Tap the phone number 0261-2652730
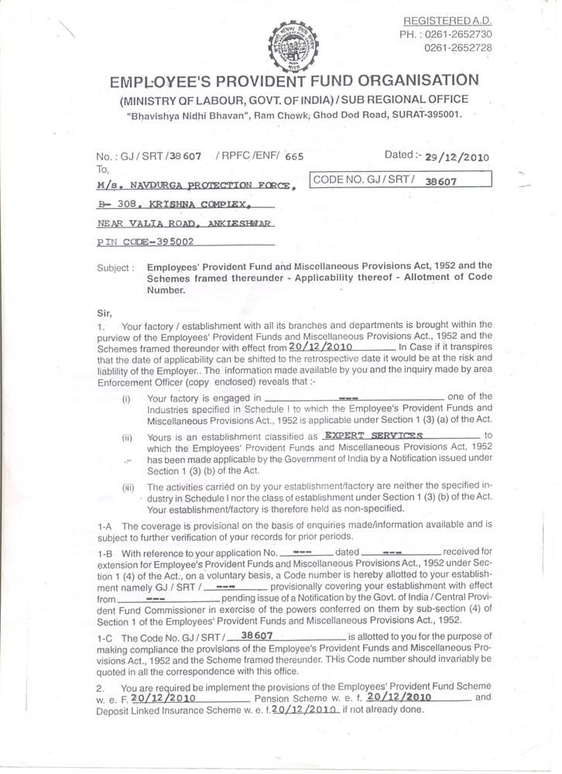click(458, 35)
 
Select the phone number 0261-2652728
click(458, 48)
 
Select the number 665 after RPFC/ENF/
click(294, 156)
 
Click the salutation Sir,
click(105, 313)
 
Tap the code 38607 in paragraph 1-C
click(257, 634)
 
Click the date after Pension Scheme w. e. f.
click(399, 697)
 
